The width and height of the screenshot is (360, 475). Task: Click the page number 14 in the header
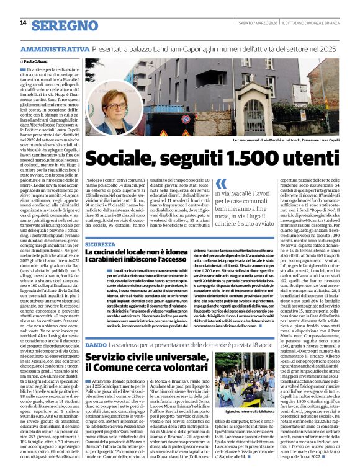(x=23, y=22)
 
